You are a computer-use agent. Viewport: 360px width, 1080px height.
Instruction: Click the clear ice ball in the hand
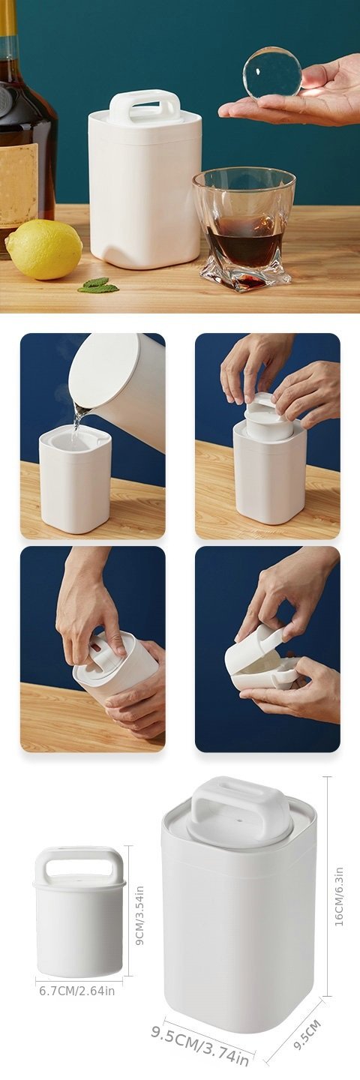click(272, 73)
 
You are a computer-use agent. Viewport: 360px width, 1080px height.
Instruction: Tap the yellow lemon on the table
click(43, 249)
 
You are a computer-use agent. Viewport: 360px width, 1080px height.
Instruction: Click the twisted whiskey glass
click(244, 228)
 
